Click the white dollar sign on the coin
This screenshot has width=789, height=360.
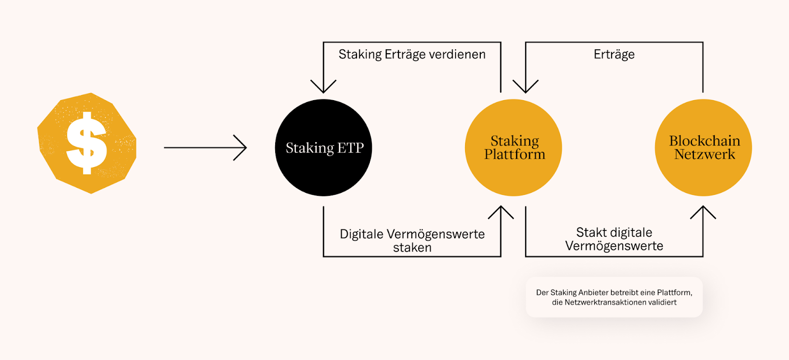[87, 143]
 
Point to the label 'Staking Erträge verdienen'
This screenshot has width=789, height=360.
[412, 54]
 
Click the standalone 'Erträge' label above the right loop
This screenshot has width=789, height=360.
[614, 54]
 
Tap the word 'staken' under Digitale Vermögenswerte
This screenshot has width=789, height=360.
[412, 248]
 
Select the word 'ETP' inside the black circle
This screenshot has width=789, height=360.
[351, 148]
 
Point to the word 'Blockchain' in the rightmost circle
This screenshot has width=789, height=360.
[704, 141]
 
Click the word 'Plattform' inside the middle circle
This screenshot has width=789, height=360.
[514, 154]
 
